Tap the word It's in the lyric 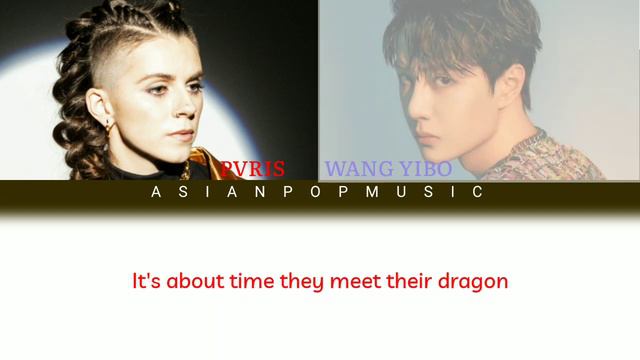click(x=147, y=281)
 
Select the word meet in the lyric click(x=351, y=281)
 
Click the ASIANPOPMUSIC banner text click(x=319, y=192)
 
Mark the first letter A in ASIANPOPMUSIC click(x=156, y=192)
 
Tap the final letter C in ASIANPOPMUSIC click(x=478, y=192)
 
